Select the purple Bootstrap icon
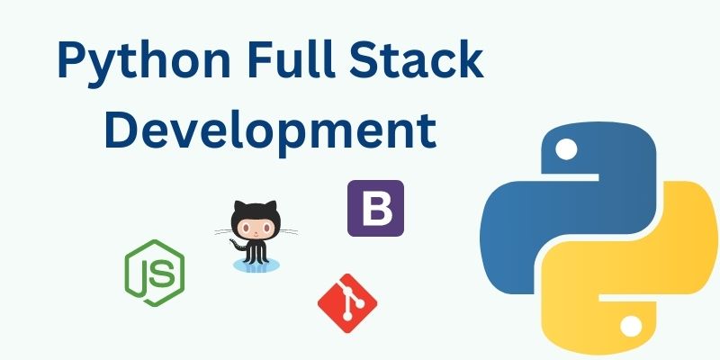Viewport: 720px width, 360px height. (375, 208)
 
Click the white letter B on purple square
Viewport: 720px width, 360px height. (375, 209)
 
